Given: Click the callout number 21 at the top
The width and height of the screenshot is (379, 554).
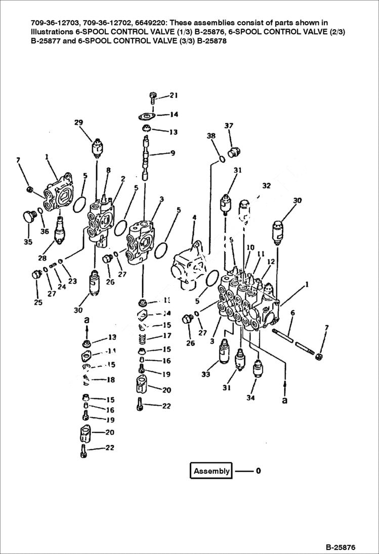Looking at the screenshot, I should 174,95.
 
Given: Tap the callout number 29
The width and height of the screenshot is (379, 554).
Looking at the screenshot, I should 78,123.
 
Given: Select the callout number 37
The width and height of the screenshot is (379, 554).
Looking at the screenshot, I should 229,126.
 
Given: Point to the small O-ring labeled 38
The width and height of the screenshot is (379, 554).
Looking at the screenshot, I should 222,160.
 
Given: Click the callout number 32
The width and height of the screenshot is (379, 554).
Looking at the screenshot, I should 266,186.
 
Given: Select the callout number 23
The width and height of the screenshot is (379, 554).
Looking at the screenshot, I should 72,281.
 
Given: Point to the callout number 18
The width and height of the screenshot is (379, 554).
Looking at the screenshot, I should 110,380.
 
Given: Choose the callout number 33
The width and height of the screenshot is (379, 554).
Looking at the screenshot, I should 205,375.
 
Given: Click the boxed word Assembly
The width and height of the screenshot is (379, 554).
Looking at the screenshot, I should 212,471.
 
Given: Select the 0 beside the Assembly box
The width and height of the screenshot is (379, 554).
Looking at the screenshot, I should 258,471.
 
